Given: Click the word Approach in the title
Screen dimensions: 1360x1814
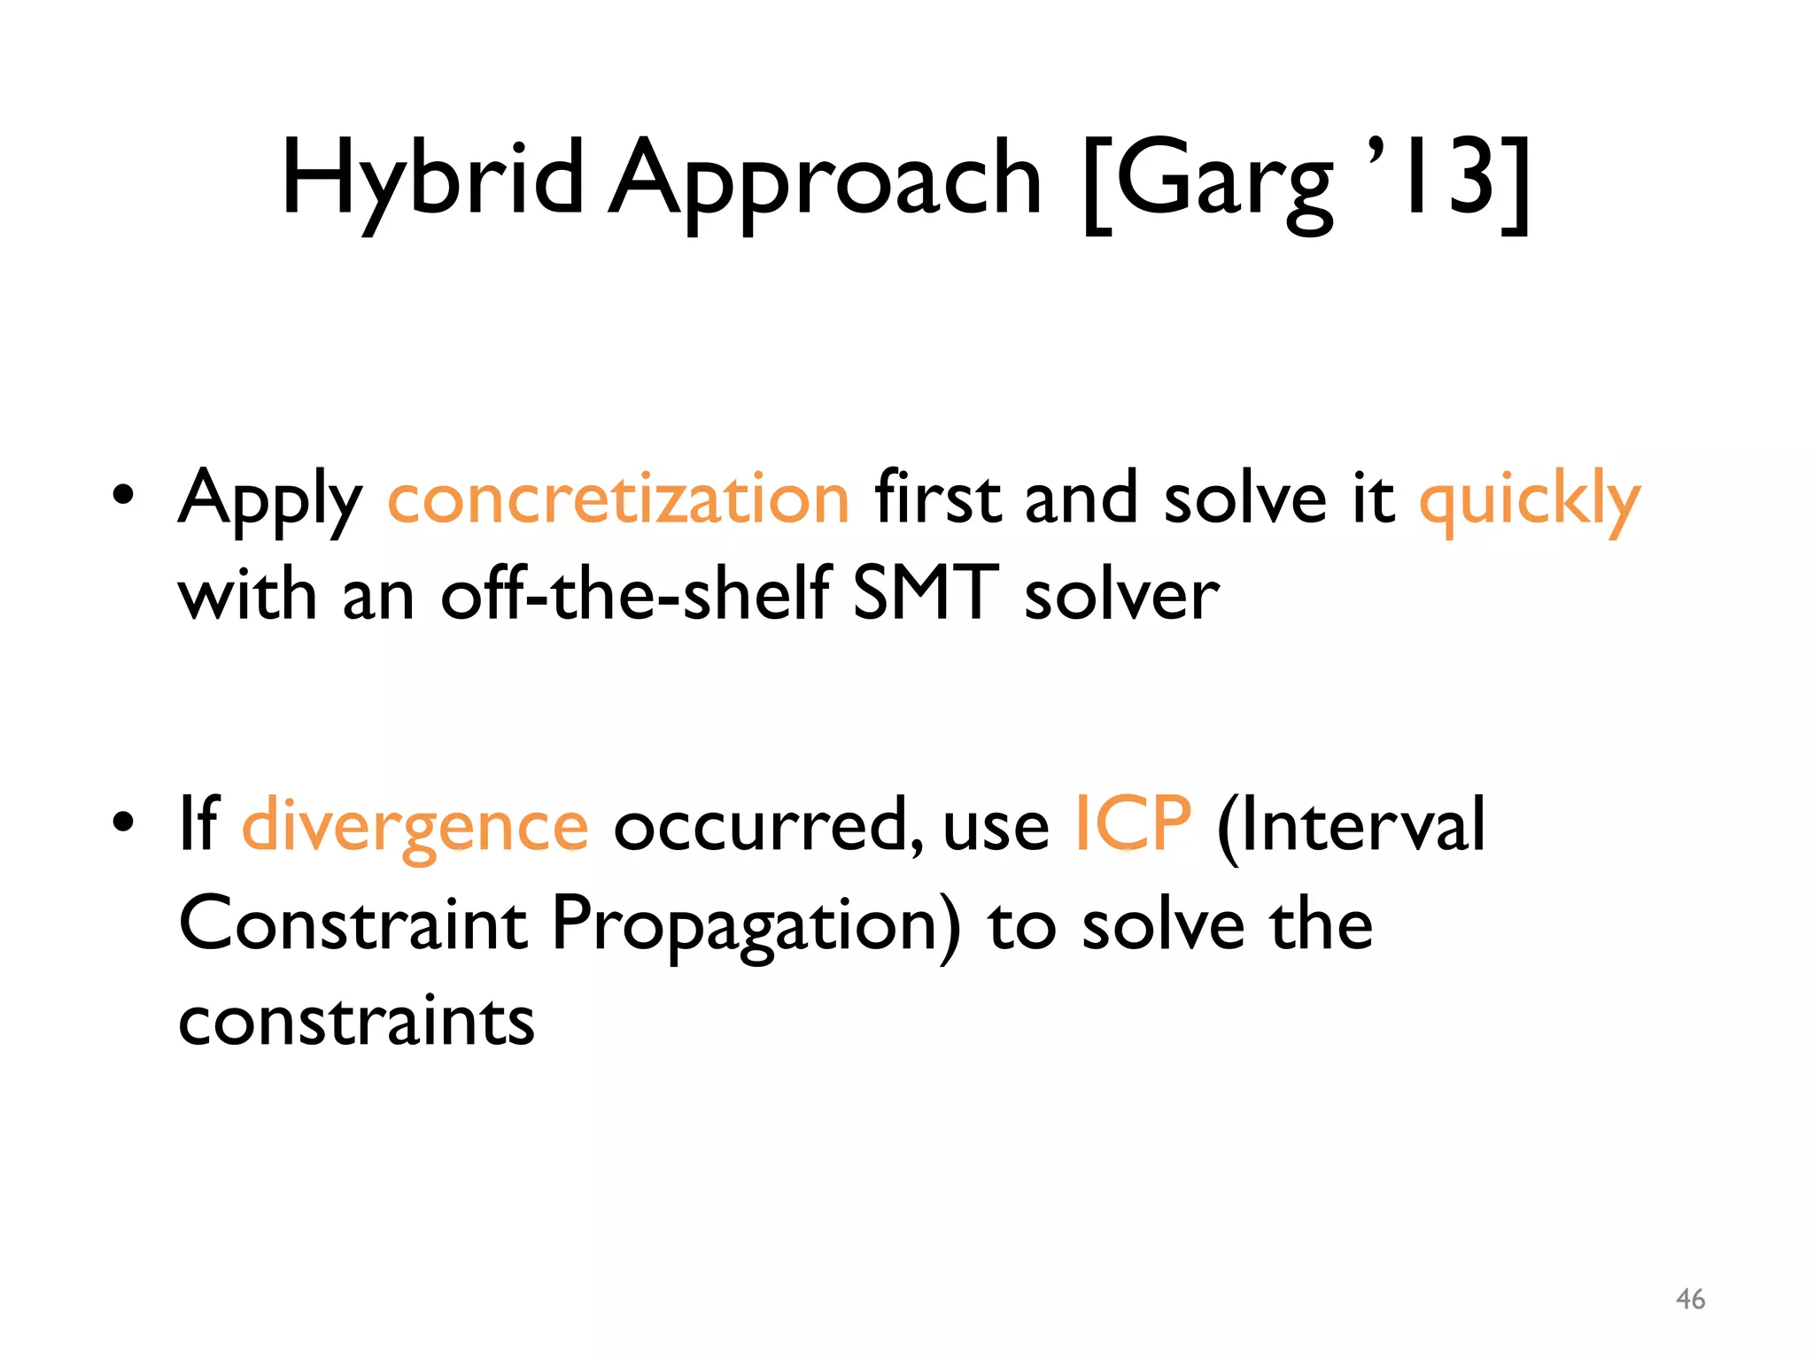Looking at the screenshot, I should [x=825, y=180].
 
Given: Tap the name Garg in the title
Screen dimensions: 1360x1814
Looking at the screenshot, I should [x=1223, y=180].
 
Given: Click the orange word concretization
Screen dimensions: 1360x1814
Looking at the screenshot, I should [x=619, y=498].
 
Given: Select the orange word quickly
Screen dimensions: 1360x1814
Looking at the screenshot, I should [x=1530, y=498].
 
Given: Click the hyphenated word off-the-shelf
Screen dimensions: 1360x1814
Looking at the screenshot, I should [x=635, y=594].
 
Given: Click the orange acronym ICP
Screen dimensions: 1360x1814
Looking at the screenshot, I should [x=1133, y=823].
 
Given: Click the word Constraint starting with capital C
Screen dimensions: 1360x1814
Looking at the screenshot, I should [x=353, y=923].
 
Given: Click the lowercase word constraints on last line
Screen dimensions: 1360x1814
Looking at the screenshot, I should [x=356, y=1021].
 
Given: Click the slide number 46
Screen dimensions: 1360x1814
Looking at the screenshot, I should [x=1690, y=1299].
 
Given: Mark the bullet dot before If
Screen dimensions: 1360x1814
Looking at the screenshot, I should [x=123, y=822].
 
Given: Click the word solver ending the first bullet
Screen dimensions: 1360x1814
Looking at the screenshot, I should [x=1121, y=594].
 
